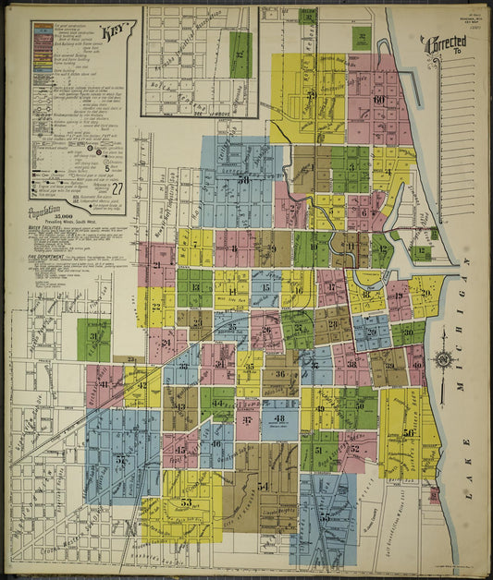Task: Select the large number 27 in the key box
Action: [117, 189]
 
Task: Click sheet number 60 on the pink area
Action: [378, 100]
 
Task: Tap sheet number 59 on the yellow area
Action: [311, 95]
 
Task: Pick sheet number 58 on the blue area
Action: [245, 180]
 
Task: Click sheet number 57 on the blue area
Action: [121, 458]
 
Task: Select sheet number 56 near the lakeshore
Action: [408, 432]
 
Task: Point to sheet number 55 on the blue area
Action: [325, 518]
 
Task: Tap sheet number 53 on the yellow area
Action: [186, 502]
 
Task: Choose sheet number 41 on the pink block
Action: [104, 384]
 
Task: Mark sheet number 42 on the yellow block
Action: [142, 386]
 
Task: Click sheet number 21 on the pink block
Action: [156, 265]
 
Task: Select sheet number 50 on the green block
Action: [359, 404]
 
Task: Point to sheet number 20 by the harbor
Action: [425, 293]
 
